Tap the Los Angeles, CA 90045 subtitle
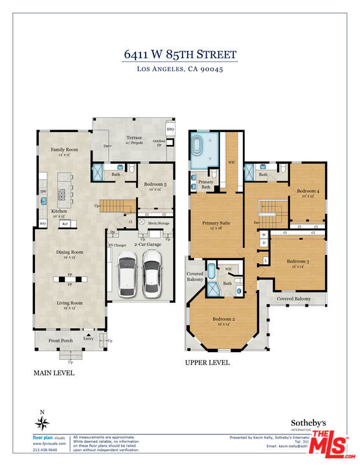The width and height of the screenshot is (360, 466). (180, 69)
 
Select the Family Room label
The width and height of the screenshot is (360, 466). (64, 150)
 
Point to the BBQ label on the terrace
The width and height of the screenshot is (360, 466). (170, 129)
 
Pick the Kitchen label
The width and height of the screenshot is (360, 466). (60, 212)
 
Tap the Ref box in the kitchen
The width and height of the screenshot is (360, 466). (65, 224)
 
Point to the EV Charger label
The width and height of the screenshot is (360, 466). (117, 245)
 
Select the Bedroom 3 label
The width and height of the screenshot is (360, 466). (298, 261)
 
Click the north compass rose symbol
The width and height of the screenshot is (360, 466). (43, 423)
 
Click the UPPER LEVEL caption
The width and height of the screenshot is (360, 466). (207, 363)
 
